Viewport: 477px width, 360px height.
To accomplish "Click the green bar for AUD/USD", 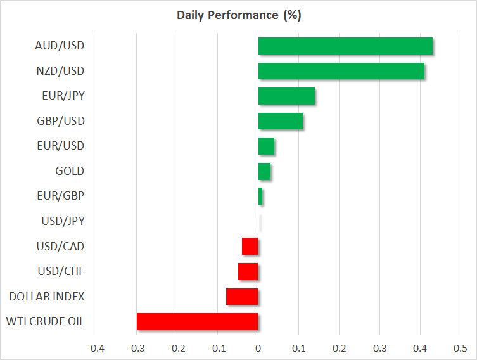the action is pyautogui.click(x=345, y=46).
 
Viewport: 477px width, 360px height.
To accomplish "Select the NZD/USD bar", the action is pyautogui.click(x=341, y=71).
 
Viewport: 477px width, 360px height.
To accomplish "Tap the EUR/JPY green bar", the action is pyautogui.click(x=286, y=96).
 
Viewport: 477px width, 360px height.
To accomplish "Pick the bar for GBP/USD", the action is pyautogui.click(x=281, y=121).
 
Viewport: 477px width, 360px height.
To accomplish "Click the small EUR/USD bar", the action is pyautogui.click(x=266, y=146).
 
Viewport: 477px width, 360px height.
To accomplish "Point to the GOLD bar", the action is pyautogui.click(x=264, y=171).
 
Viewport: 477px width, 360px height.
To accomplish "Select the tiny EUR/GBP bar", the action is pyautogui.click(x=260, y=196).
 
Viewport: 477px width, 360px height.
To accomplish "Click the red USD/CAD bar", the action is pyautogui.click(x=250, y=246).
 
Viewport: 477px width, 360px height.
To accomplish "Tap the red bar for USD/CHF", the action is pyautogui.click(x=248, y=271).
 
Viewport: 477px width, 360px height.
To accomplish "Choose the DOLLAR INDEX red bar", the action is pyautogui.click(x=242, y=297).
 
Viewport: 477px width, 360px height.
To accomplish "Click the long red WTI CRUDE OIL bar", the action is pyautogui.click(x=197, y=321).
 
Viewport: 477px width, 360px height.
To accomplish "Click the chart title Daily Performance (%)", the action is pyautogui.click(x=239, y=15).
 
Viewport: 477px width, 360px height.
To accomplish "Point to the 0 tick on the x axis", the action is pyautogui.click(x=258, y=348).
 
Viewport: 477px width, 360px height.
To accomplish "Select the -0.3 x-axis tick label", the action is pyautogui.click(x=136, y=348).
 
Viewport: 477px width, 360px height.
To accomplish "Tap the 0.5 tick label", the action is pyautogui.click(x=461, y=348).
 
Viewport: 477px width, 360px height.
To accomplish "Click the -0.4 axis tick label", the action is pyautogui.click(x=96, y=348).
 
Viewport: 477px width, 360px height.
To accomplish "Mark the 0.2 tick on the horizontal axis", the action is pyautogui.click(x=339, y=348).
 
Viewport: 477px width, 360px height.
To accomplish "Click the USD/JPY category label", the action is pyautogui.click(x=63, y=221).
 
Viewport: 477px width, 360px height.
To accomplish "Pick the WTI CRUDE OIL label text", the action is pyautogui.click(x=46, y=321).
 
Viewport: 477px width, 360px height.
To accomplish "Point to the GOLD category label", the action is pyautogui.click(x=70, y=171).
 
